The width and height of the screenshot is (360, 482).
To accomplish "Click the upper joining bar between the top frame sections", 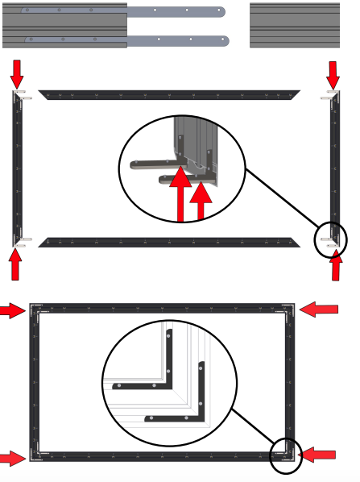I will coord(177,12).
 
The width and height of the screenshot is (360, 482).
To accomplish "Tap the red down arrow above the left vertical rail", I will coord(17,75).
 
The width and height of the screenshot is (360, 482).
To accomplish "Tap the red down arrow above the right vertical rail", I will coord(333,75).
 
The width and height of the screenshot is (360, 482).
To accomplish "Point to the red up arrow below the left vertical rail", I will coord(17,264).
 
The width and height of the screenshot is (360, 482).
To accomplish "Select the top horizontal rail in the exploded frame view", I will coord(169,95).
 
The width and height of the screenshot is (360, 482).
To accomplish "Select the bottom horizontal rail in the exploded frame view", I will coord(169,242).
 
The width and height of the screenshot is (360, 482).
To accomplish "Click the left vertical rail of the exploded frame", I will coord(15,169).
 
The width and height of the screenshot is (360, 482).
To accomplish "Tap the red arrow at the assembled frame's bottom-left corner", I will coord(12,459).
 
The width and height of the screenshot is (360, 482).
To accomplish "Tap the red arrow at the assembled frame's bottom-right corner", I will coord(315,455).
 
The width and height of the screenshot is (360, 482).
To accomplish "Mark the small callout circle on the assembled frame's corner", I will coord(285,456).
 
